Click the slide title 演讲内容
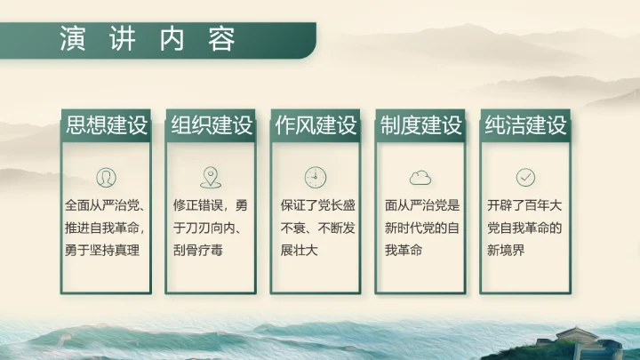(148, 40)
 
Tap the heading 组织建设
(212, 125)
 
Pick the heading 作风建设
(316, 125)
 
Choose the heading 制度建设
(420, 125)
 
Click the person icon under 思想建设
(106, 176)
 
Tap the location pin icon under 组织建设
(211, 176)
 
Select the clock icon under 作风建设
(316, 176)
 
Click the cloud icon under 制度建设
(420, 177)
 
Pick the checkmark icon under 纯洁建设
(525, 176)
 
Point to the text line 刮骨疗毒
(199, 251)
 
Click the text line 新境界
(508, 251)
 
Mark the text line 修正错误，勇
(212, 204)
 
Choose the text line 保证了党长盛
(316, 204)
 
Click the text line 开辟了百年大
(525, 204)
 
